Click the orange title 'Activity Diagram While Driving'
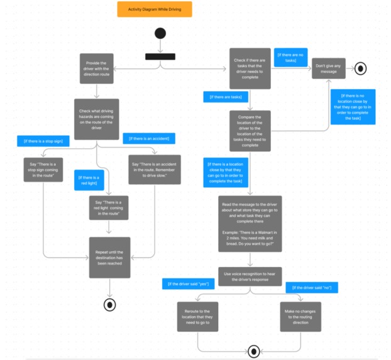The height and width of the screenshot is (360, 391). pyautogui.click(x=154, y=9)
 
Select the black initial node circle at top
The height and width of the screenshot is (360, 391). pyautogui.click(x=160, y=33)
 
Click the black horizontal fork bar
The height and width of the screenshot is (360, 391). pyautogui.click(x=160, y=57)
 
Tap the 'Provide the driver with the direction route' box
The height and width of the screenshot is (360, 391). pyautogui.click(x=96, y=68)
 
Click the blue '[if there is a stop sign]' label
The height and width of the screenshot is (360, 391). pyautogui.click(x=43, y=141)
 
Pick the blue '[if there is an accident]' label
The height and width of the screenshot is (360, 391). pyautogui.click(x=149, y=138)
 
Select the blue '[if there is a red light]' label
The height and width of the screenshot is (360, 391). pyautogui.click(x=89, y=180)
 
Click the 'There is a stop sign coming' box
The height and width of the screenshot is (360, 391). pyautogui.click(x=43, y=170)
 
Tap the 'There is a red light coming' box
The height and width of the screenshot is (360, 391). pyautogui.click(x=109, y=208)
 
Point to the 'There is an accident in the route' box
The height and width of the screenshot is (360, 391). pyautogui.click(x=154, y=170)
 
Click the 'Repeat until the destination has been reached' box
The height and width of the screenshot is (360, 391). pyautogui.click(x=109, y=257)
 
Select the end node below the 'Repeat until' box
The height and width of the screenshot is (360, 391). pyautogui.click(x=110, y=305)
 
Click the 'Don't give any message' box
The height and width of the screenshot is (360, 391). pyautogui.click(x=329, y=68)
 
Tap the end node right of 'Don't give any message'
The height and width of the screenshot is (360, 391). pyautogui.click(x=360, y=68)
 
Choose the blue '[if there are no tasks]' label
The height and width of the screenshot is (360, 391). pyautogui.click(x=290, y=57)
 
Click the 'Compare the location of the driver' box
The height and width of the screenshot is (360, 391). pyautogui.click(x=250, y=131)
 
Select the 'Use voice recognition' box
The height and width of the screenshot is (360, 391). pyautogui.click(x=250, y=276)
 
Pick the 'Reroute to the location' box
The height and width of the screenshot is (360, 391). pyautogui.click(x=197, y=317)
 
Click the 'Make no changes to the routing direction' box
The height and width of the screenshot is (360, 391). pyautogui.click(x=300, y=317)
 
